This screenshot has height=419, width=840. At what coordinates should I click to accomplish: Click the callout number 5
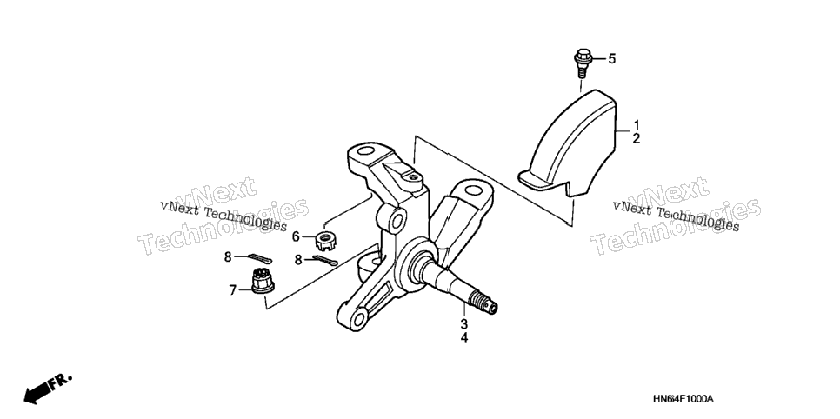(x=612, y=59)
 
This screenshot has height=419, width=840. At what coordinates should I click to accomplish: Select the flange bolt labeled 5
(x=582, y=63)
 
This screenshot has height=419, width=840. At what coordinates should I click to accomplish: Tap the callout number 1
(x=637, y=125)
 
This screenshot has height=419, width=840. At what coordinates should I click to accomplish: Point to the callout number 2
(x=637, y=139)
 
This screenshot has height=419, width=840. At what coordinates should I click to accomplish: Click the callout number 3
(x=464, y=324)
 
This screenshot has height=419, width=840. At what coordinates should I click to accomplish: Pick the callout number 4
(x=464, y=338)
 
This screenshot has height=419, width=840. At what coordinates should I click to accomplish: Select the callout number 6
(x=296, y=236)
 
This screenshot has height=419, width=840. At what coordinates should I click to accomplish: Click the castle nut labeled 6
(x=324, y=241)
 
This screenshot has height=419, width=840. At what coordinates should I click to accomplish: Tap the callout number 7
(x=232, y=290)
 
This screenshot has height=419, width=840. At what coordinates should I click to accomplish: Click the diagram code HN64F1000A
(x=683, y=400)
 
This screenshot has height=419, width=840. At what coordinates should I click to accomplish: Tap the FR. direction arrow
(x=47, y=389)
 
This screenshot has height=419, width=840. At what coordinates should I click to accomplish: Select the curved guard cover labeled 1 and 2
(x=568, y=143)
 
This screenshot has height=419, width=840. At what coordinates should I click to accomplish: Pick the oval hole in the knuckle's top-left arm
(x=366, y=150)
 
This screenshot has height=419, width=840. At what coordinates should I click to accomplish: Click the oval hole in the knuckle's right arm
(x=472, y=190)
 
